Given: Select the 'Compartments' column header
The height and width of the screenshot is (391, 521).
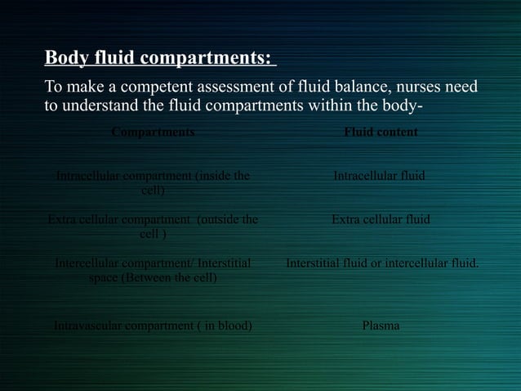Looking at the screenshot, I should pyautogui.click(x=153, y=132).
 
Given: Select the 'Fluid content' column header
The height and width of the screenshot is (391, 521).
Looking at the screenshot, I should pyautogui.click(x=381, y=132).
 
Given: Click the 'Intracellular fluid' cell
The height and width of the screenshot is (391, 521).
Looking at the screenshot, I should pyautogui.click(x=380, y=175).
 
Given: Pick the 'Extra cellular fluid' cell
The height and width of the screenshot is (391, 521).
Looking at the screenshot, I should pyautogui.click(x=381, y=219).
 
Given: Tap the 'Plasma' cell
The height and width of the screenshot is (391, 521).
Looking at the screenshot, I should pyautogui.click(x=381, y=326).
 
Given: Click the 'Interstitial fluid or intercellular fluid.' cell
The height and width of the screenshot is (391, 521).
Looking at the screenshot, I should pyautogui.click(x=381, y=263).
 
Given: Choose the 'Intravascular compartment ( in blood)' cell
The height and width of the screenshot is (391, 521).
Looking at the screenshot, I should pyautogui.click(x=153, y=326).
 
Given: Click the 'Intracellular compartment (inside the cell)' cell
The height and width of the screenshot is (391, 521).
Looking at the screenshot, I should pyautogui.click(x=153, y=182).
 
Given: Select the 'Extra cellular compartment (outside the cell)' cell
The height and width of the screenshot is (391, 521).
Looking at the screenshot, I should pyautogui.click(x=153, y=227).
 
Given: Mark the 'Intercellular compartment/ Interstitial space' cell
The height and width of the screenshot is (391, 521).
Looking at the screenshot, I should pyautogui.click(x=153, y=271).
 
